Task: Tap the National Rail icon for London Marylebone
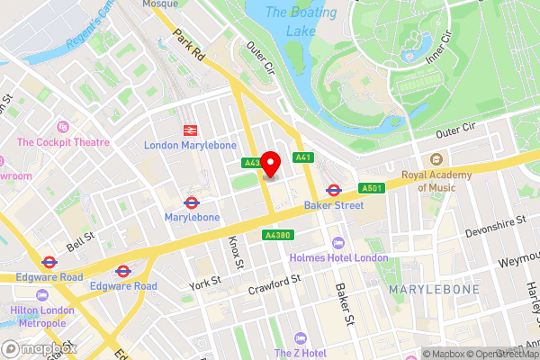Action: (191, 131)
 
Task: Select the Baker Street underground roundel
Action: (333, 190)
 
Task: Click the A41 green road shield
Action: (303, 158)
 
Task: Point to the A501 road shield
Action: (371, 188)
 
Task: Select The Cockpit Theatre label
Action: (62, 141)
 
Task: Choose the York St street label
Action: (204, 283)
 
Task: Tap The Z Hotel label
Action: (301, 353)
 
